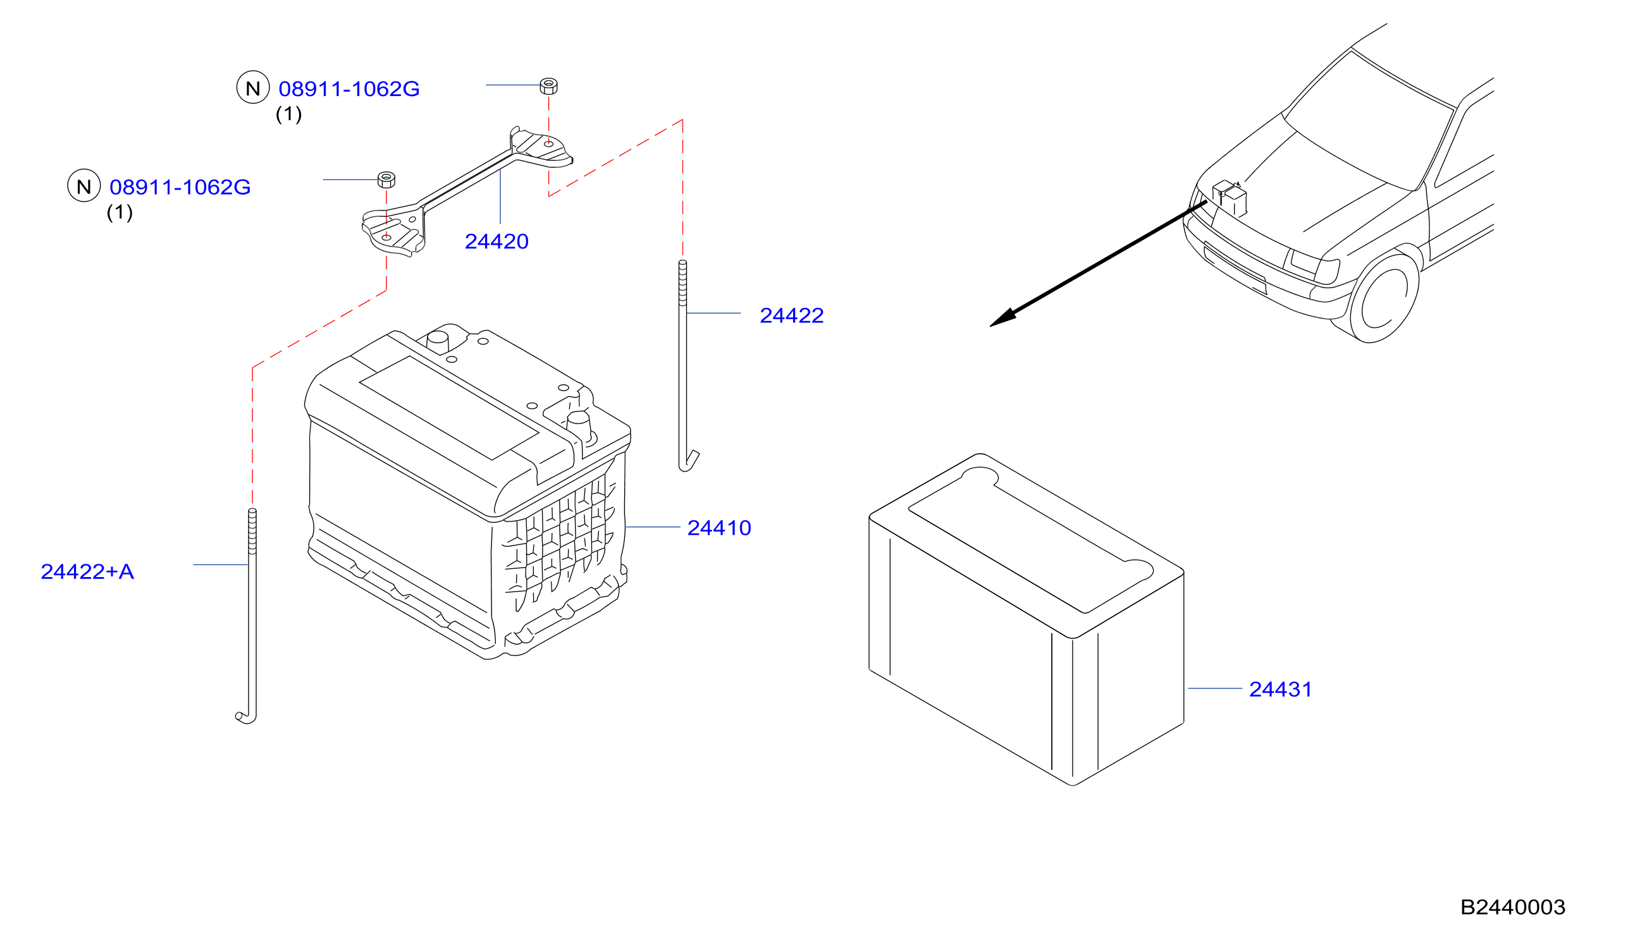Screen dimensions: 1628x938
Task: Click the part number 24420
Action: (496, 241)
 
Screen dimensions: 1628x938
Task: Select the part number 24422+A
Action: (88, 571)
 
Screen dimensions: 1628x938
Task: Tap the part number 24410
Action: (718, 528)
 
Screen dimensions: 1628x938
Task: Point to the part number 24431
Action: (1280, 690)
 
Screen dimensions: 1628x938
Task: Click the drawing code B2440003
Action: (1513, 907)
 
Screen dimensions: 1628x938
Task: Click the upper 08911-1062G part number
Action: (348, 89)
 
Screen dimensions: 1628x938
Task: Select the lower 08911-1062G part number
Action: (180, 187)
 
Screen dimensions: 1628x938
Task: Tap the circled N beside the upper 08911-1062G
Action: (252, 87)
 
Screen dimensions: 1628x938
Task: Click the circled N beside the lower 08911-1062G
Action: (83, 186)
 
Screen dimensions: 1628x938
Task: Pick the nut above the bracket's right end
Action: (548, 86)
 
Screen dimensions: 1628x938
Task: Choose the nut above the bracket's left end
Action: (386, 179)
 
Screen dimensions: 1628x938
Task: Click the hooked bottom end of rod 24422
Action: (688, 461)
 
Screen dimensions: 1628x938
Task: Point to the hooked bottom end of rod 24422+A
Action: (247, 716)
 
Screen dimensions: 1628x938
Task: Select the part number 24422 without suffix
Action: (791, 315)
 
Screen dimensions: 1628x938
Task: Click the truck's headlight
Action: (1315, 266)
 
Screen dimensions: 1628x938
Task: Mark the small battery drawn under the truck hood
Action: (1230, 197)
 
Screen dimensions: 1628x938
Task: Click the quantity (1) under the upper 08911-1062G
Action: (289, 114)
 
